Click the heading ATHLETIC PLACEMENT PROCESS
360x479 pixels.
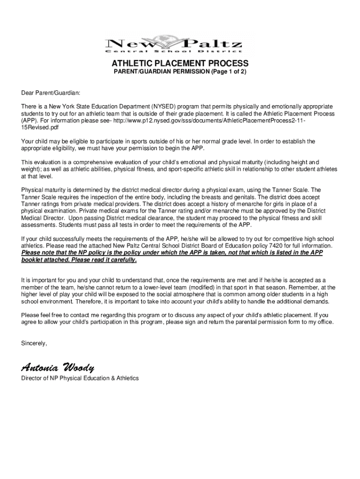tap(180, 64)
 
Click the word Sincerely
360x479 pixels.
tap(34, 343)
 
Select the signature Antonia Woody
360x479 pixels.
tap(58, 366)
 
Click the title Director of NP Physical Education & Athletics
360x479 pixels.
tap(80, 378)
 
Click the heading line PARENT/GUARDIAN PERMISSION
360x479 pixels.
tap(158, 72)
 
